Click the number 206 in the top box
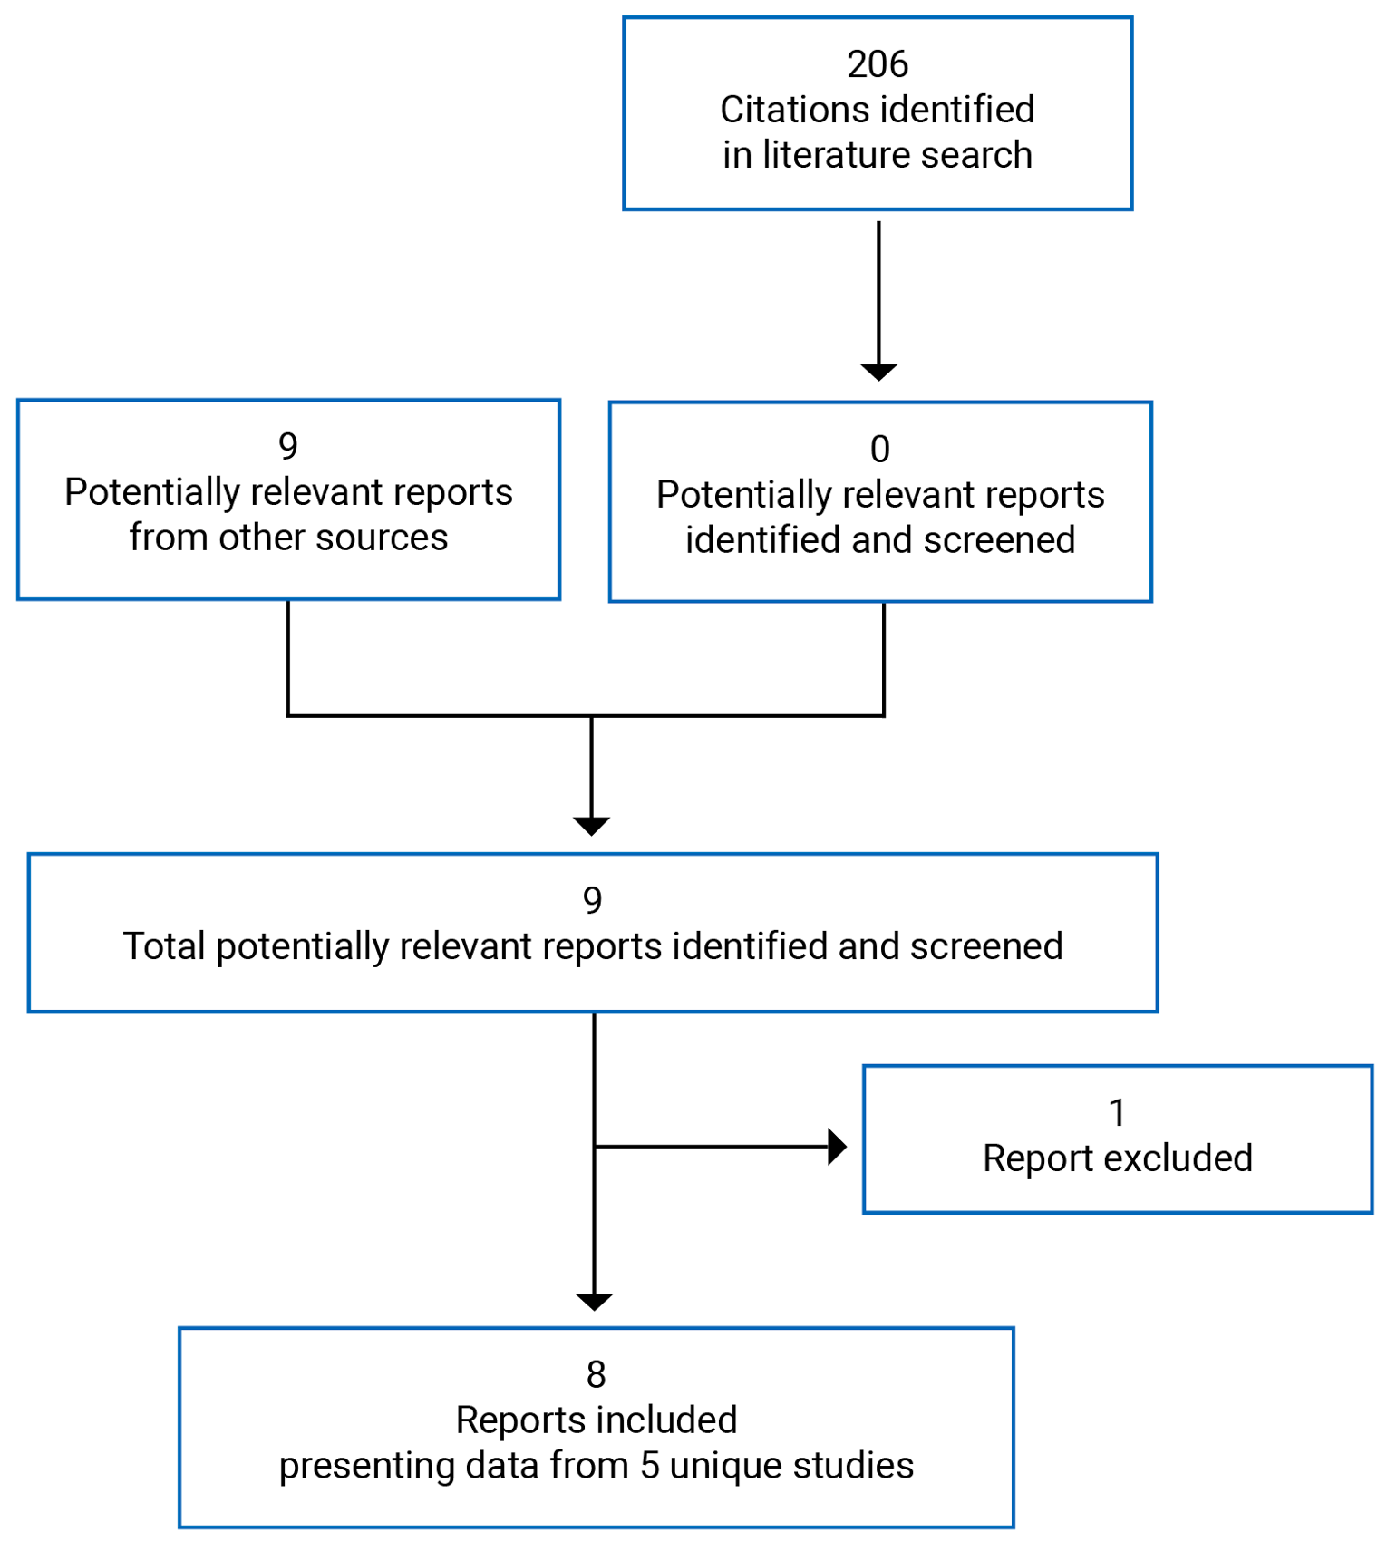pyautogui.click(x=877, y=64)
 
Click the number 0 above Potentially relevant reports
pyautogui.click(x=879, y=450)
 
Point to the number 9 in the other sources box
pyautogui.click(x=287, y=447)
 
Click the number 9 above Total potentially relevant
pyautogui.click(x=592, y=901)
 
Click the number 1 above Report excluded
pyautogui.click(x=1117, y=1113)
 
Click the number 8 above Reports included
pyautogui.click(x=596, y=1375)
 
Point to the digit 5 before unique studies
pyautogui.click(x=649, y=1466)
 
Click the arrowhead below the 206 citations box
pyautogui.click(x=878, y=372)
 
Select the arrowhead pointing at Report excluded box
pyautogui.click(x=837, y=1147)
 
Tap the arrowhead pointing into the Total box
pyautogui.click(x=592, y=826)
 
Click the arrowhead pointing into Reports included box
pyautogui.click(x=594, y=1302)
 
